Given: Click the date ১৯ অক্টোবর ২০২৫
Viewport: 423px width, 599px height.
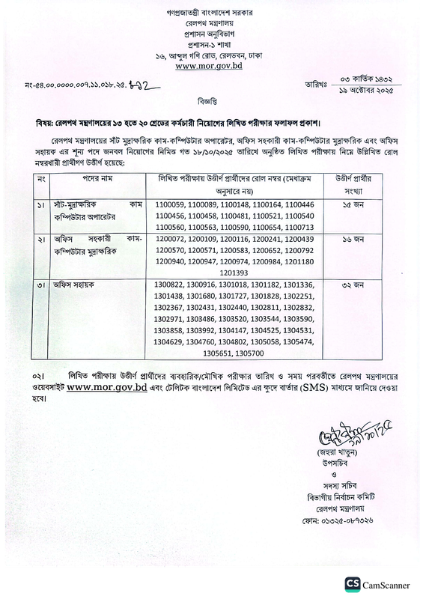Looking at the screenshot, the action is [361, 89].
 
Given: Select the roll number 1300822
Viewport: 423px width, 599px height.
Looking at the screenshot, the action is [171, 285].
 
